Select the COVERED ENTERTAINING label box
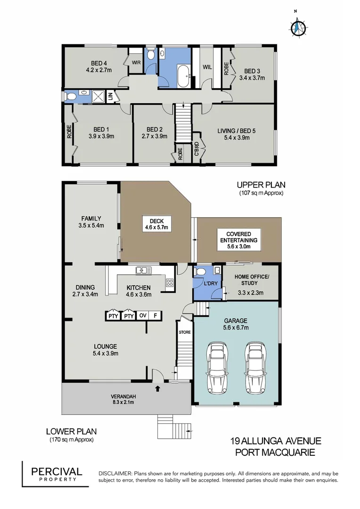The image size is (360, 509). click(x=239, y=237)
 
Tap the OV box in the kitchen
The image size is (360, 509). click(x=142, y=316)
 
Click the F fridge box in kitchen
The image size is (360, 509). click(x=155, y=316)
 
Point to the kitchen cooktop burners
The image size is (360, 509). click(x=169, y=283)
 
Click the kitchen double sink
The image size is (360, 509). click(x=142, y=271)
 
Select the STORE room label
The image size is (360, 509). click(x=184, y=332)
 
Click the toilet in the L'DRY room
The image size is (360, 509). click(x=200, y=271)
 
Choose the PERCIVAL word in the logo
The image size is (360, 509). click(x=57, y=471)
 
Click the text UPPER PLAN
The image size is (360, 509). click(x=262, y=185)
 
